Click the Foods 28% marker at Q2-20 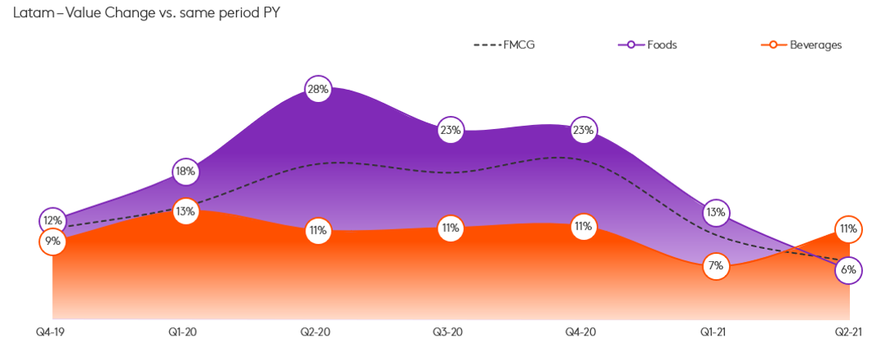(x=318, y=90)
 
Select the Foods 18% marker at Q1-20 (x=185, y=171)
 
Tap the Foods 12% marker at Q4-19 (x=52, y=220)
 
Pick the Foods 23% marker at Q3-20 (x=451, y=129)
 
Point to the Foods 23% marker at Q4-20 (x=583, y=129)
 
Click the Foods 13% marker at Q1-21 (x=716, y=213)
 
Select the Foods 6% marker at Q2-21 (x=848, y=270)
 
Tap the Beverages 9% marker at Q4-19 (x=52, y=242)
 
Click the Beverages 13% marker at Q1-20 (x=185, y=211)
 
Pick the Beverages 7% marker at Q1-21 (x=716, y=266)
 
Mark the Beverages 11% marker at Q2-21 (x=848, y=229)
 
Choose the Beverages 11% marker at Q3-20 (x=451, y=229)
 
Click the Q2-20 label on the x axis (x=318, y=332)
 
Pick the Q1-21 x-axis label (x=716, y=332)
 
